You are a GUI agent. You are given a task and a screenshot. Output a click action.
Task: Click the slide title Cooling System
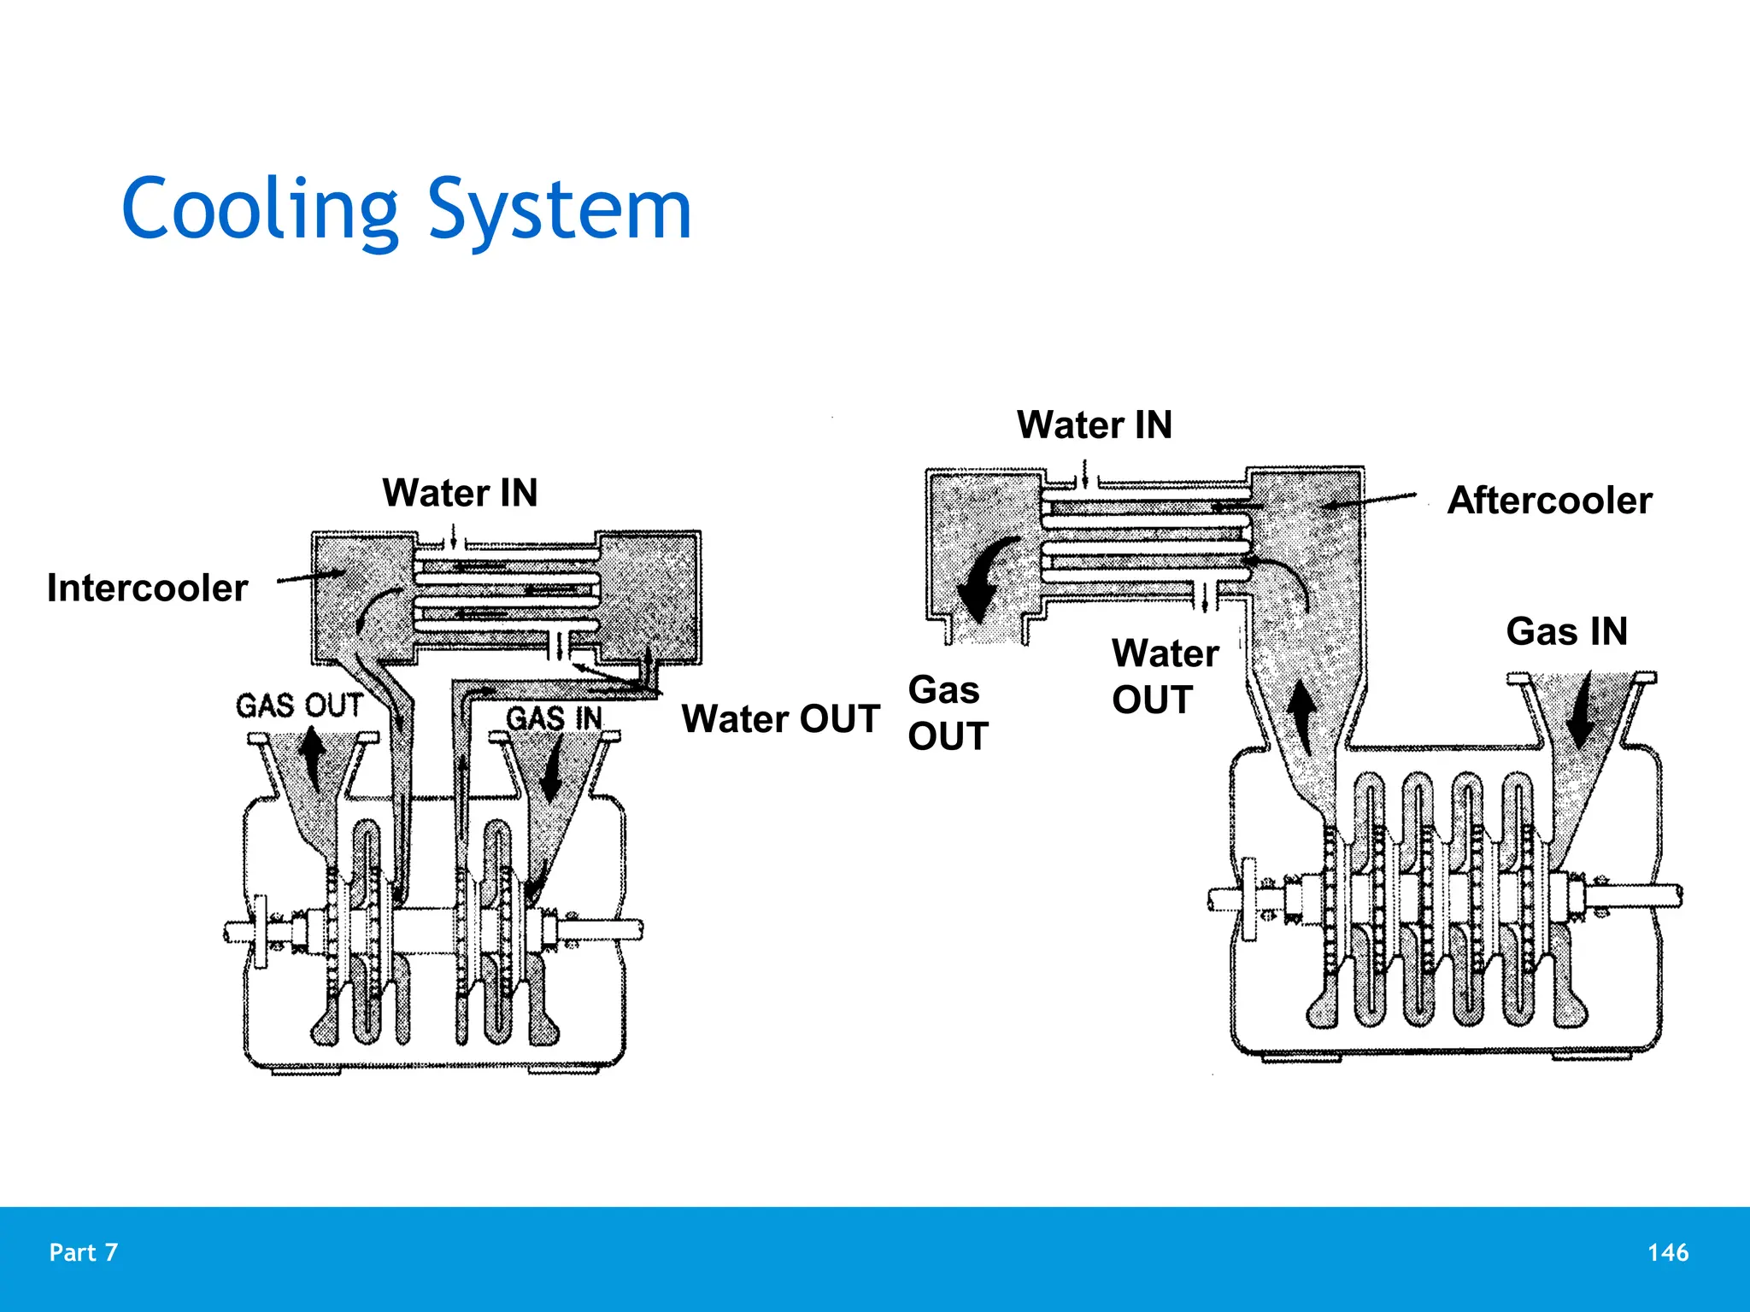pos(406,209)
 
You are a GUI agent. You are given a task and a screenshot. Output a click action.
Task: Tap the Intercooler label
pos(147,589)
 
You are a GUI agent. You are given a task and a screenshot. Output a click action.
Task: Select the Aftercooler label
pos(1549,501)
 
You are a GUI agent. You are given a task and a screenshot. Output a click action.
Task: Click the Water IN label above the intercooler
pos(460,493)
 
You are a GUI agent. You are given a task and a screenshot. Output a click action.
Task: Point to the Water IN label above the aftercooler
pos(1094,425)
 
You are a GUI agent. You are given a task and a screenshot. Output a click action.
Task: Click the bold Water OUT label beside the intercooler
pos(780,718)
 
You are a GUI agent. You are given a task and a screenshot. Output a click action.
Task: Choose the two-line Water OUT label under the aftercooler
pos(1165,676)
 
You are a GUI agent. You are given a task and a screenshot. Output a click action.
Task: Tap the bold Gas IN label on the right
pos(1566,632)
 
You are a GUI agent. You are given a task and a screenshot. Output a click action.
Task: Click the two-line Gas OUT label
pos(948,712)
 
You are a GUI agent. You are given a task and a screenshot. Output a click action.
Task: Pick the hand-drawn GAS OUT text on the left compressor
pos(299,706)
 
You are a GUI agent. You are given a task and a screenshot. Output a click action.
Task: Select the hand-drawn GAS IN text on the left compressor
pos(554,718)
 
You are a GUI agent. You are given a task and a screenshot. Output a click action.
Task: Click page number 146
pos(1667,1252)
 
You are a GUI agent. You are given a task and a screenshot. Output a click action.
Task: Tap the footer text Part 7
pos(84,1252)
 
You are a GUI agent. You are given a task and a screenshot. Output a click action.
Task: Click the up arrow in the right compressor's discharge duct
pos(1301,718)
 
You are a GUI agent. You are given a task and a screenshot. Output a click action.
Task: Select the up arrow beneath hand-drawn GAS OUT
pos(313,758)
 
